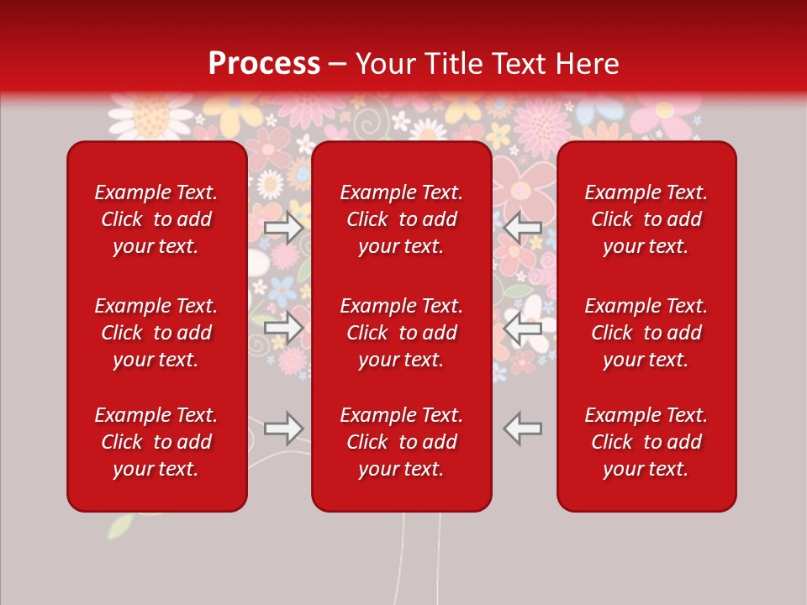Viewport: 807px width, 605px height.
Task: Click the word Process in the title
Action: [264, 64]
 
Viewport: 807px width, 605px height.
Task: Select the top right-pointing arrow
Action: [283, 227]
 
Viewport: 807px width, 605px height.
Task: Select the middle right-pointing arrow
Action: [283, 328]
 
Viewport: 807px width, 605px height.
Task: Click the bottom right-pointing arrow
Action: [283, 429]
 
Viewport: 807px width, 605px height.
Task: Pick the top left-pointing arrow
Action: [523, 227]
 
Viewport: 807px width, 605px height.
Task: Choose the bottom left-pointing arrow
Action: [523, 429]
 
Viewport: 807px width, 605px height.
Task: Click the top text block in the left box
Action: [156, 219]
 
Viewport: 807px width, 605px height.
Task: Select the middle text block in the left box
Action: [156, 333]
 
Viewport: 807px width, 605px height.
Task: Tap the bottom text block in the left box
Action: [156, 442]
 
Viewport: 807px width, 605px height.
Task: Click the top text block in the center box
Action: [402, 219]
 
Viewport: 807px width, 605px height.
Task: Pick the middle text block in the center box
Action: [402, 333]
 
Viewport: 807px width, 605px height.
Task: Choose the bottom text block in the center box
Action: [402, 442]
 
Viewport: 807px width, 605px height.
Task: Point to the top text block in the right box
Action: [646, 219]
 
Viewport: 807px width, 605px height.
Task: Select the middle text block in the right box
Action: [646, 333]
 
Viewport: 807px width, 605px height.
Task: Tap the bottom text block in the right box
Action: [646, 442]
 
